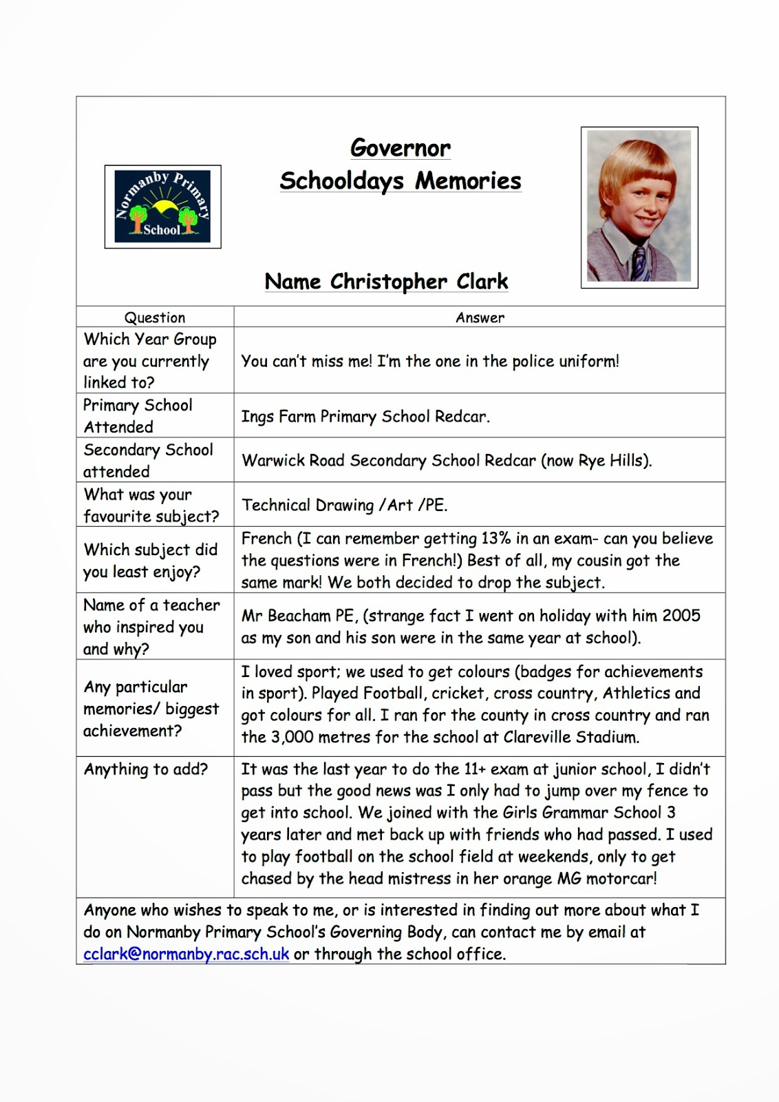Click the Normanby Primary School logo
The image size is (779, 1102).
[162, 206]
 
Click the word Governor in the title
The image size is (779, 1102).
[401, 148]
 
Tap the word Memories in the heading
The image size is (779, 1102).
[468, 181]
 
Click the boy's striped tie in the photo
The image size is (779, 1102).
[640, 263]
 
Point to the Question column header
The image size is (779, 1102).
[155, 318]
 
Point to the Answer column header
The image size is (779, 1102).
[480, 318]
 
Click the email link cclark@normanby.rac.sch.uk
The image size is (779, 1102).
[186, 954]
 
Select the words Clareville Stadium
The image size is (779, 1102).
[571, 737]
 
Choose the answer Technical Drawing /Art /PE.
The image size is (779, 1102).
[344, 505]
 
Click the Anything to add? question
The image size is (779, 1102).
[145, 769]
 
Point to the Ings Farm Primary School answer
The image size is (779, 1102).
[365, 417]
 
